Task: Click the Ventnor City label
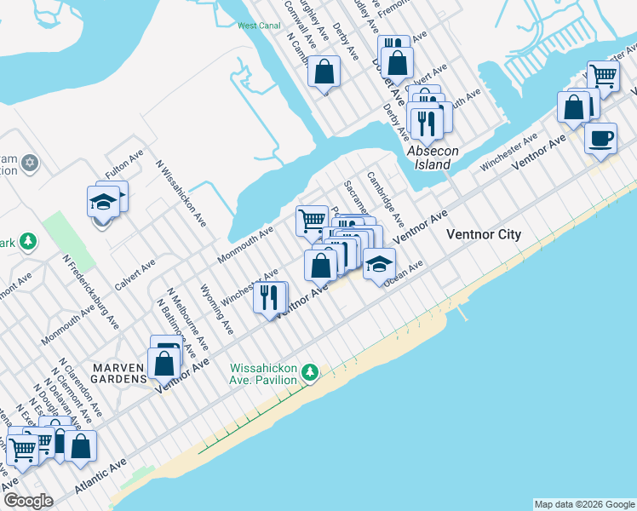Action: coord(478,234)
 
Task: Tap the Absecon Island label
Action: coord(433,158)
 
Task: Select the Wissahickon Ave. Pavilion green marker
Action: coord(312,372)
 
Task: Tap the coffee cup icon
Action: coord(600,137)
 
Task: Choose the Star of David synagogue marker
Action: coord(30,162)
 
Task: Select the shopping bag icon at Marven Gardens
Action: coord(164,364)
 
